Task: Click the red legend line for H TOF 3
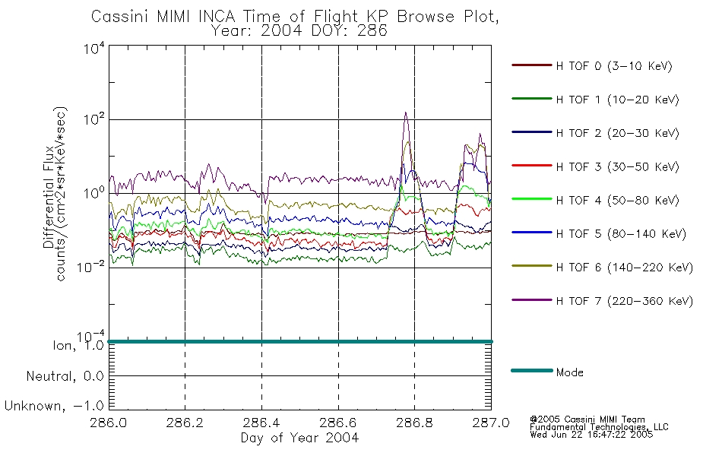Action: pyautogui.click(x=532, y=166)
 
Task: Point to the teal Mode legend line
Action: pyautogui.click(x=532, y=370)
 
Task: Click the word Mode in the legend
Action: pyautogui.click(x=569, y=372)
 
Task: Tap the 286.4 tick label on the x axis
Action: pyautogui.click(x=261, y=423)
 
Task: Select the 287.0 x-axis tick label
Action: pyautogui.click(x=491, y=423)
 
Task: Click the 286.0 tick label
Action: pyautogui.click(x=109, y=423)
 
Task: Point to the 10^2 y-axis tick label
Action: pyautogui.click(x=94, y=120)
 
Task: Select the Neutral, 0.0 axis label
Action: pyautogui.click(x=65, y=376)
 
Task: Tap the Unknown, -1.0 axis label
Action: pyautogui.click(x=54, y=406)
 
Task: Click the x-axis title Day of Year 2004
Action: pyautogui.click(x=299, y=438)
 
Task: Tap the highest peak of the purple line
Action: pyautogui.click(x=406, y=112)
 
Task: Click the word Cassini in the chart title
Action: pyautogui.click(x=121, y=17)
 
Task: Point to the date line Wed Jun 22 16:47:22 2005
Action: pyautogui.click(x=591, y=435)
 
